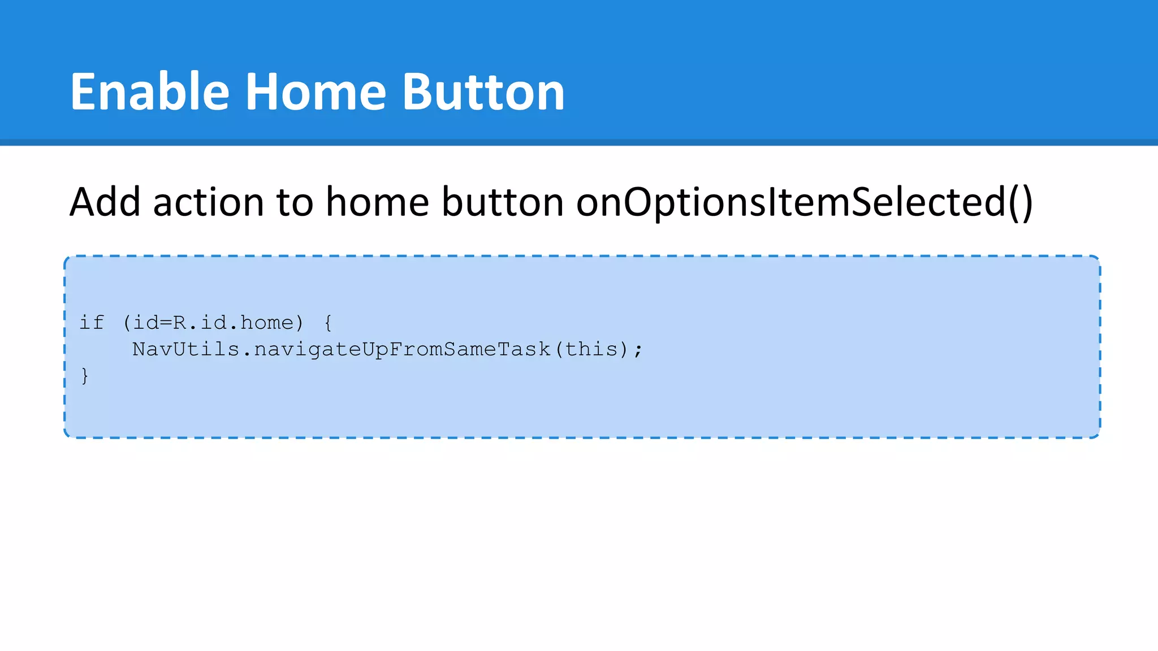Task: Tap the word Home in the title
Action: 316,92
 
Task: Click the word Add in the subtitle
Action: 105,202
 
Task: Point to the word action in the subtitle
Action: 208,202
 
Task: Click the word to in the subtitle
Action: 295,202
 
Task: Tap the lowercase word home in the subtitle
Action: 377,202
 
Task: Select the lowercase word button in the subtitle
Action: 502,202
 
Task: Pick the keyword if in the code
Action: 92,323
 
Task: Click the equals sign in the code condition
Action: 166,323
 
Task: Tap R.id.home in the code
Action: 234,323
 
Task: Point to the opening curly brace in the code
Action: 328,323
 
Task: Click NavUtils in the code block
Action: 185,349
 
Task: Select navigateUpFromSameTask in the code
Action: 402,349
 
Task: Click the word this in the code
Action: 591,349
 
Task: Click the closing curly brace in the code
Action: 85,376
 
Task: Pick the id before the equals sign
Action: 145,323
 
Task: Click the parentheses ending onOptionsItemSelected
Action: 1020,202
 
